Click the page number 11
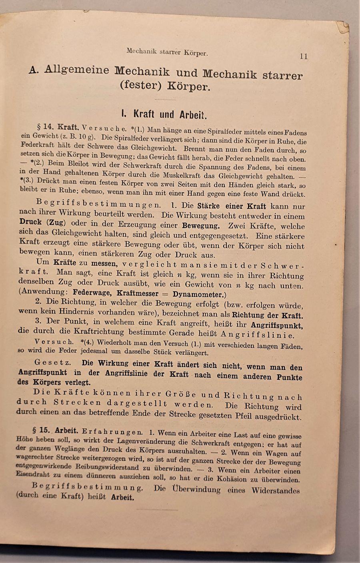(x=304, y=56)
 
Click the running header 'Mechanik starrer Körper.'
(x=167, y=52)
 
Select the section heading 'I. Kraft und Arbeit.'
(x=164, y=115)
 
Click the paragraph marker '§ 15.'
(x=40, y=431)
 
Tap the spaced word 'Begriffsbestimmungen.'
(x=98, y=204)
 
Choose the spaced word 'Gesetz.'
(x=53, y=362)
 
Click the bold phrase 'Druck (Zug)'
(x=42, y=222)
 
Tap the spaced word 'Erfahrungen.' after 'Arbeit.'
(x=112, y=432)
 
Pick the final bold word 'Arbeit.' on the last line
(x=122, y=498)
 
